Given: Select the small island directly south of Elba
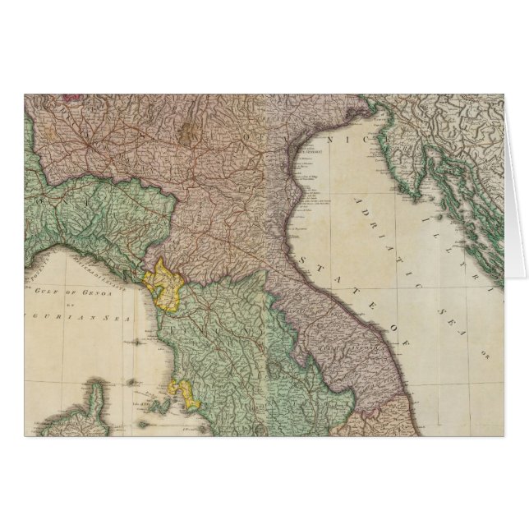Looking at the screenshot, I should [x=156, y=427].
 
